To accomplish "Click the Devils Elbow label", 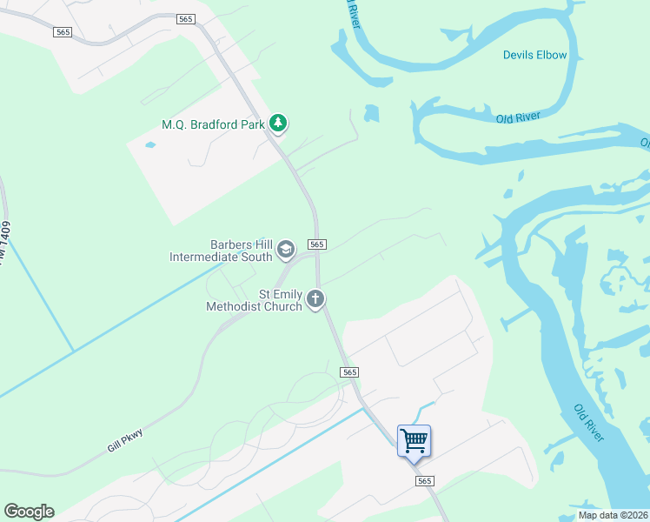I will (534, 55).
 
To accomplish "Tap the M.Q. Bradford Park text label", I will (213, 124).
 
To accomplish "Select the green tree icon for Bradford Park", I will (278, 124).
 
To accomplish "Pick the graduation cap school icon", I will (285, 251).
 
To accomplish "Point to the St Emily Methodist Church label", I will (254, 300).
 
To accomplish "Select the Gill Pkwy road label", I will (124, 442).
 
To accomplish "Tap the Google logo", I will (29, 512).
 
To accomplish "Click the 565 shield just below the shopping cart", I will (423, 481).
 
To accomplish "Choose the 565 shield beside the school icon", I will (317, 245).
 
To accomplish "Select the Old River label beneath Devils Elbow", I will (518, 117).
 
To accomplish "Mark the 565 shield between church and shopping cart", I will (348, 372).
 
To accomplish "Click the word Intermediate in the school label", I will (206, 257).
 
